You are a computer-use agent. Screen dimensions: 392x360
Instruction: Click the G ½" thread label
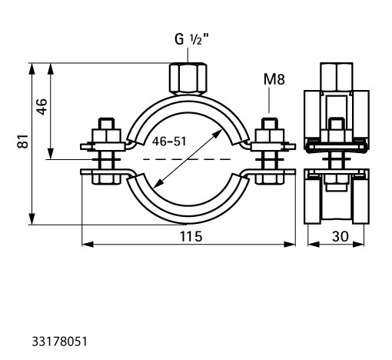pos(191,39)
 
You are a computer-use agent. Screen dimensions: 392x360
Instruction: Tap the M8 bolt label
pos(274,79)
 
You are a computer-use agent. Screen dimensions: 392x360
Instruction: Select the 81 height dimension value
pos(22,141)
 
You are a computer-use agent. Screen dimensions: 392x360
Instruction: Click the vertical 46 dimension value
pos(42,107)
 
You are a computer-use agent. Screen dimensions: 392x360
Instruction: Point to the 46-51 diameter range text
pos(169,142)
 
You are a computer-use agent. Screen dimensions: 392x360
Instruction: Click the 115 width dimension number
pos(191,236)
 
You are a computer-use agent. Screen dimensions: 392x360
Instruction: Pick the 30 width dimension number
pos(341,236)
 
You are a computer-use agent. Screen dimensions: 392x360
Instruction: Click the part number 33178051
pos(59,342)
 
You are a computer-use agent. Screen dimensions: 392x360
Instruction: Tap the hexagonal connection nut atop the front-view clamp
pos(188,78)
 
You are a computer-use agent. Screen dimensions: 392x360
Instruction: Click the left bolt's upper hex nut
pos(107,136)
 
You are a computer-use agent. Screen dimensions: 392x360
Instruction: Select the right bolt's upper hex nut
pos(270,136)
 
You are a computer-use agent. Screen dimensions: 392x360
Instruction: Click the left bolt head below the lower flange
pos(106,179)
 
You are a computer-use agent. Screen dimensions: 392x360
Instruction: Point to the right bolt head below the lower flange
pos(270,179)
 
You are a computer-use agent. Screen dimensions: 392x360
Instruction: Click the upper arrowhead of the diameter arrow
pos(218,133)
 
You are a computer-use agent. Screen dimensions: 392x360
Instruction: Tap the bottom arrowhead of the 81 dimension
pos(32,218)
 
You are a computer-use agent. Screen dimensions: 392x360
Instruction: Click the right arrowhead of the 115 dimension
pos(290,245)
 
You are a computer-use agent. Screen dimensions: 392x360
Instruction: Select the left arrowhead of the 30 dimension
pos(314,245)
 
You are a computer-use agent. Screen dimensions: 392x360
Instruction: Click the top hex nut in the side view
pos(337,77)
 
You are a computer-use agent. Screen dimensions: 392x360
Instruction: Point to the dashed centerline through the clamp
pos(187,159)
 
